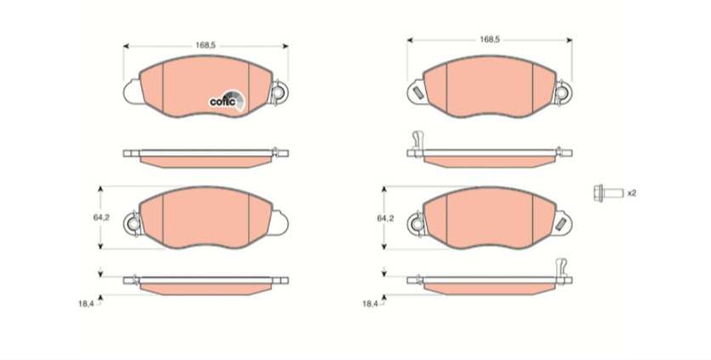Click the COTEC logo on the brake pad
227,100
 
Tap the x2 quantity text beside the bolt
632,193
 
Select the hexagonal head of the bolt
598,193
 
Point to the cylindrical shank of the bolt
613,193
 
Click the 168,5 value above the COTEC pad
206,45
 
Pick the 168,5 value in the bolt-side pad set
490,39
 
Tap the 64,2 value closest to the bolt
385,219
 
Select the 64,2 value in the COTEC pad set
101,218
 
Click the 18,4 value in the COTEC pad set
86,304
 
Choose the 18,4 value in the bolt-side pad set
370,304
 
